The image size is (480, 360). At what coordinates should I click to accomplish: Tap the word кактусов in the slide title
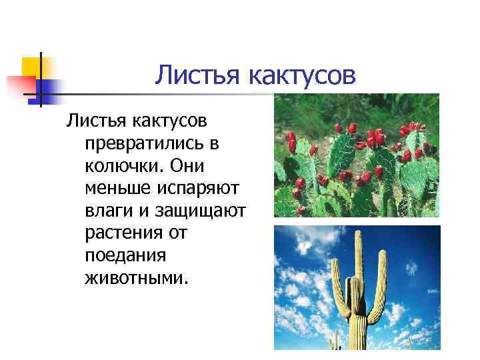302,77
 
